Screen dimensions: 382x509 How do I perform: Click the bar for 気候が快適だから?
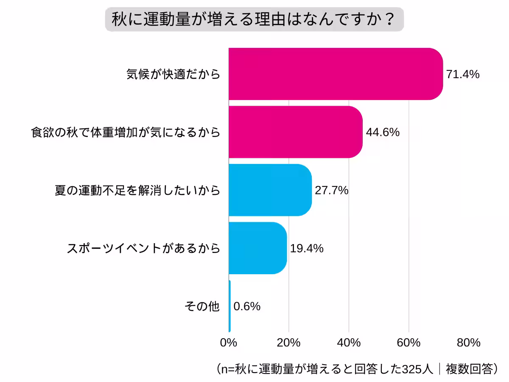(335, 74)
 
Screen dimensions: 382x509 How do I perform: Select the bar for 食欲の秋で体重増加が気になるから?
(295, 132)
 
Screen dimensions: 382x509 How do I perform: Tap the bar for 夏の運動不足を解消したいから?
(270, 190)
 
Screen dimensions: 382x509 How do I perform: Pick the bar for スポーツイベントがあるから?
(257, 248)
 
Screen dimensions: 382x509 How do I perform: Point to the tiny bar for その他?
(229, 306)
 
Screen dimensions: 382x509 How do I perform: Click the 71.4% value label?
(463, 75)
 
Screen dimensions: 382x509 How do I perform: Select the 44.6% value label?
(383, 132)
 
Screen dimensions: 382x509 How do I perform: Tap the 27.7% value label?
(332, 191)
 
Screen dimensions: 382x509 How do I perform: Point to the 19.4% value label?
(307, 248)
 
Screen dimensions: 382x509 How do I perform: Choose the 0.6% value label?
(247, 306)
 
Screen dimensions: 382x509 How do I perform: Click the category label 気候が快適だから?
(173, 74)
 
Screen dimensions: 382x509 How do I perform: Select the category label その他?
(202, 306)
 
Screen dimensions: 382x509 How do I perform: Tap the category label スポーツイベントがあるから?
(144, 248)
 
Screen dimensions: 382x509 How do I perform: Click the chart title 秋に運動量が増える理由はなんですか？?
(254, 20)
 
